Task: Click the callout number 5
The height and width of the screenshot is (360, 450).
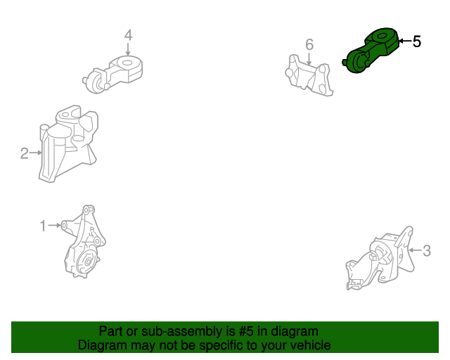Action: click(x=417, y=41)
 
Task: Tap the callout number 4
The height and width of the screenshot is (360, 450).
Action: click(x=128, y=35)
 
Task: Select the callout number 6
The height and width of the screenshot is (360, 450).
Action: click(x=309, y=44)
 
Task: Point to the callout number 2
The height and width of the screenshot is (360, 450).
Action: click(x=25, y=153)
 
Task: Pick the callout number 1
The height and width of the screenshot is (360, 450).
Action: click(x=43, y=226)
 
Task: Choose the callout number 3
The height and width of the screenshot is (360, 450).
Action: click(x=427, y=250)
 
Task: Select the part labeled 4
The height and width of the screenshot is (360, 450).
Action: click(x=112, y=75)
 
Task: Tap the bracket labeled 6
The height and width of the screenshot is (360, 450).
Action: click(x=309, y=75)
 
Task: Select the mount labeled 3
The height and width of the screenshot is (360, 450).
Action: click(x=380, y=258)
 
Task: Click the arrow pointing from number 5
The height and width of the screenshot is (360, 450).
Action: click(x=405, y=41)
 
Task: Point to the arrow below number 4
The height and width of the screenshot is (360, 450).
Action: click(x=128, y=49)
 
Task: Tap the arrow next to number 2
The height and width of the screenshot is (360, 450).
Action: click(x=36, y=153)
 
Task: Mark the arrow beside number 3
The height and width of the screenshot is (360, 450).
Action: click(x=416, y=250)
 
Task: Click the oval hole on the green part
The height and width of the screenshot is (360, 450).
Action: click(x=382, y=36)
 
